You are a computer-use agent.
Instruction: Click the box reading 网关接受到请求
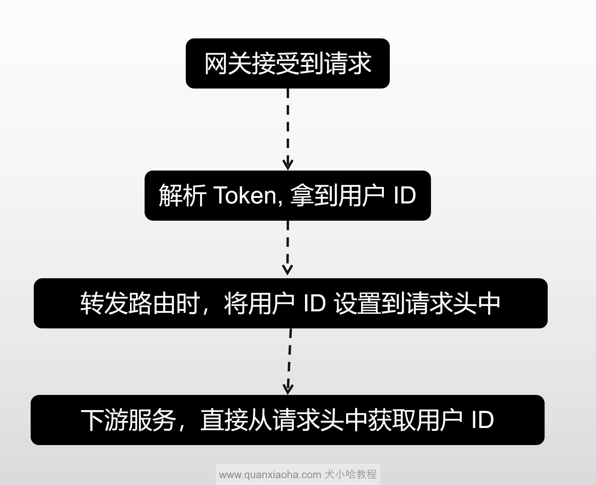(287, 63)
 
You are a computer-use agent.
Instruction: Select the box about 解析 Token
(287, 195)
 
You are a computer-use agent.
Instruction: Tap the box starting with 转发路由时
(290, 303)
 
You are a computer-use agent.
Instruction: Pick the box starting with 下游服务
(287, 420)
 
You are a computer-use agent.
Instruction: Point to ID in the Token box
(404, 195)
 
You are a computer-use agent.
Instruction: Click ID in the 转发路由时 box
(315, 303)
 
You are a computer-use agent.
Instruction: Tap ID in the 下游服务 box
(482, 420)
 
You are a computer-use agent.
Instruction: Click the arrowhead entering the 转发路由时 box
(288, 270)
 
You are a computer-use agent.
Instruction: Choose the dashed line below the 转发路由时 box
(289, 356)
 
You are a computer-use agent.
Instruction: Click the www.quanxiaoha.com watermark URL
(270, 474)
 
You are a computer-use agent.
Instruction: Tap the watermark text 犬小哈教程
(350, 474)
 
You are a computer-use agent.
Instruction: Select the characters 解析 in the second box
(182, 195)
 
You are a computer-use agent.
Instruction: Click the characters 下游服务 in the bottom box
(128, 420)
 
